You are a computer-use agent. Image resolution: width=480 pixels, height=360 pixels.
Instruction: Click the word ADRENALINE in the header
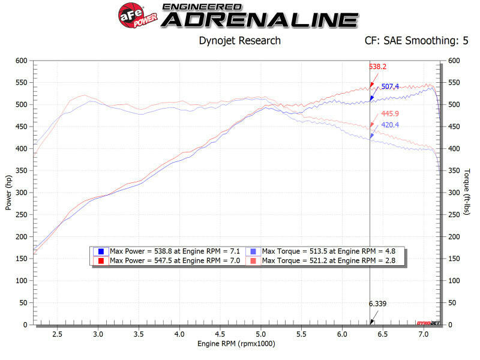pos(259,19)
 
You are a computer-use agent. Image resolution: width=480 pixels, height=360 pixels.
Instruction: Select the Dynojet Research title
pos(239,41)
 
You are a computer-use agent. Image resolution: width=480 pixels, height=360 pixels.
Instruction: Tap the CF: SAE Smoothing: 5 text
pos(416,41)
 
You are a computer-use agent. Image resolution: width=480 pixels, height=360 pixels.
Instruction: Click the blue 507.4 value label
pos(391,87)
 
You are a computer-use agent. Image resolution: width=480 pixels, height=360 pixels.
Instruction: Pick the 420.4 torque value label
pos(391,125)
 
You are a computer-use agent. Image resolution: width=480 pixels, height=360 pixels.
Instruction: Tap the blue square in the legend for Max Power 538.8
pos(101,251)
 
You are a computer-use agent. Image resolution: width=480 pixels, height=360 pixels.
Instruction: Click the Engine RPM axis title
pos(237,344)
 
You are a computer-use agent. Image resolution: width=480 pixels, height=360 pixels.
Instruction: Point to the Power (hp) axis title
pos(8,192)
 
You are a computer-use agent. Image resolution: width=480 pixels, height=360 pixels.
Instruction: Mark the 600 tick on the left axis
pos(22,61)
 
